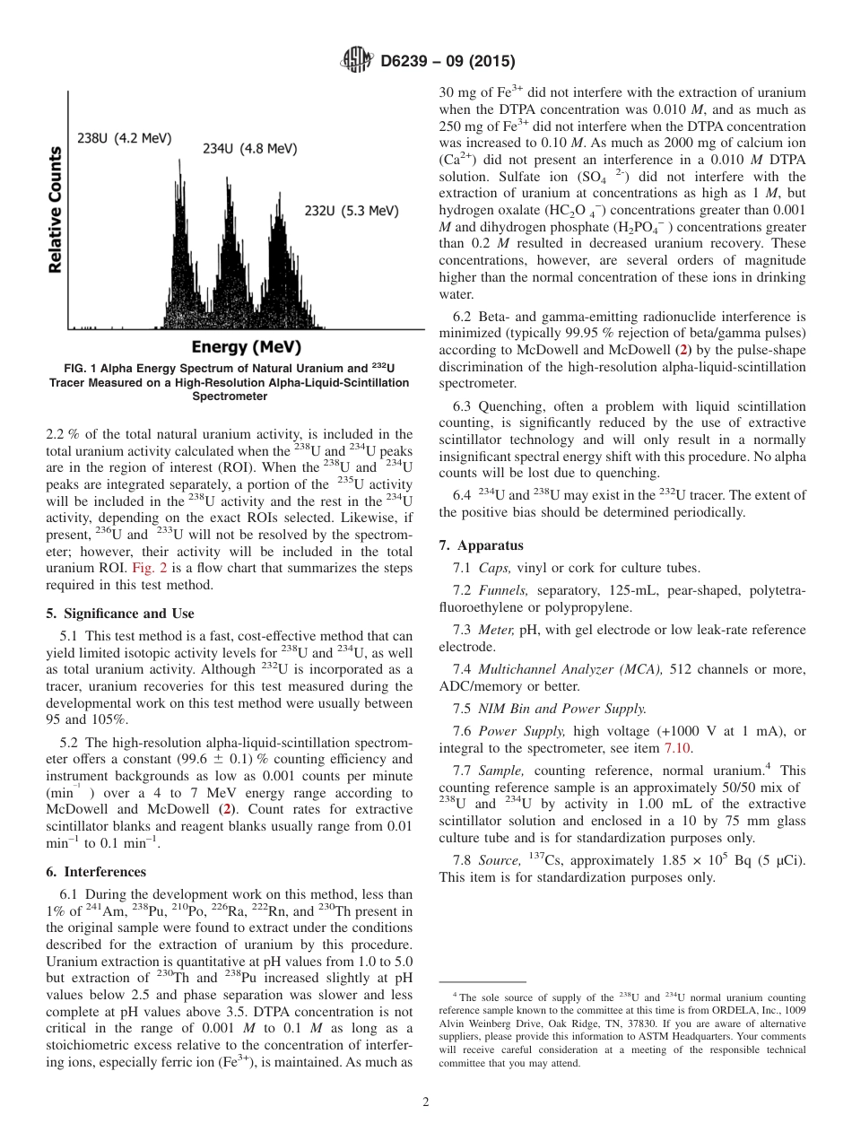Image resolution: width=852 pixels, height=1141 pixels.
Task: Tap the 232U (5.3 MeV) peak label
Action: click(x=352, y=211)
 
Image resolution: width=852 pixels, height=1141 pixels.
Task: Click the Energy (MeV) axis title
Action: click(x=246, y=347)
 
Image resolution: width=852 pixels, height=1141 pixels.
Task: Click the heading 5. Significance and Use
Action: click(x=119, y=614)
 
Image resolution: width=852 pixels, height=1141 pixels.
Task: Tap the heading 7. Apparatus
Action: click(x=481, y=544)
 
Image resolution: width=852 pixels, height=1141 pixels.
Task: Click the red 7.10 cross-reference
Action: click(x=677, y=747)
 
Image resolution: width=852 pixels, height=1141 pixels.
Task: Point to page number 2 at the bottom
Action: click(x=425, y=1102)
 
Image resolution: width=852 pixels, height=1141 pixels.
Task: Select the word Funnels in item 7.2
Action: click(x=502, y=589)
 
